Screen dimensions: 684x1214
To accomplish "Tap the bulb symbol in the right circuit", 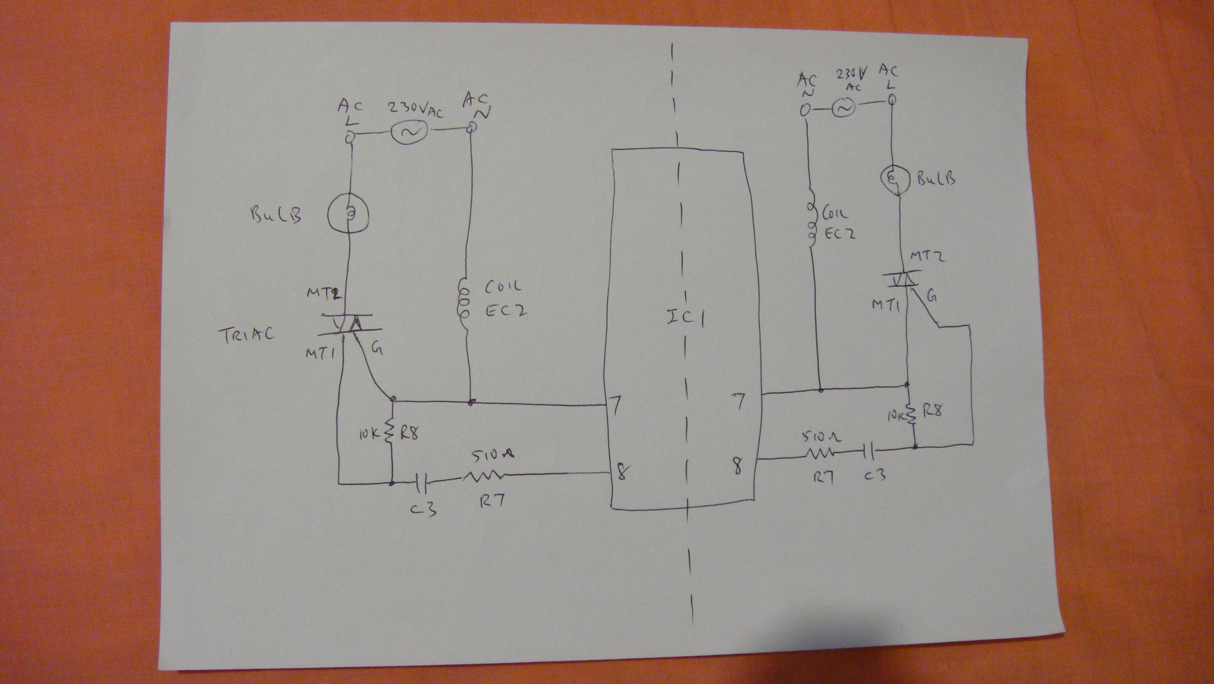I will point(896,180).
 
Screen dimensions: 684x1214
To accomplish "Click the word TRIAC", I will point(246,335).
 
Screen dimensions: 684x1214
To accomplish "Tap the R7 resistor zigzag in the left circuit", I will point(483,477).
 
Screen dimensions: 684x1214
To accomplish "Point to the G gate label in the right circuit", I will point(932,297).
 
